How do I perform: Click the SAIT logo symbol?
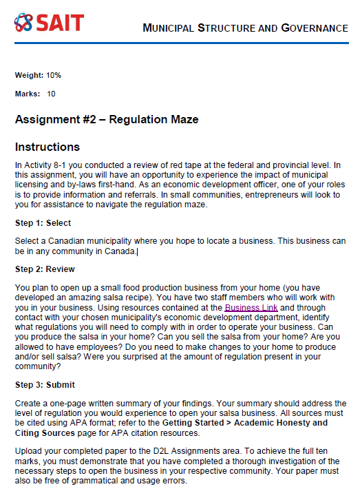(x=23, y=23)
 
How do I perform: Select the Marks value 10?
(x=51, y=93)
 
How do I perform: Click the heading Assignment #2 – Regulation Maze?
(x=107, y=119)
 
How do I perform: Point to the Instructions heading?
(x=47, y=147)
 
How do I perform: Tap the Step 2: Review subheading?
(x=45, y=269)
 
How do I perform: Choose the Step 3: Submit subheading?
(x=45, y=384)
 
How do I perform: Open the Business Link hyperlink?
(x=251, y=307)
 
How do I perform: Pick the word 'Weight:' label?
(x=29, y=74)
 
